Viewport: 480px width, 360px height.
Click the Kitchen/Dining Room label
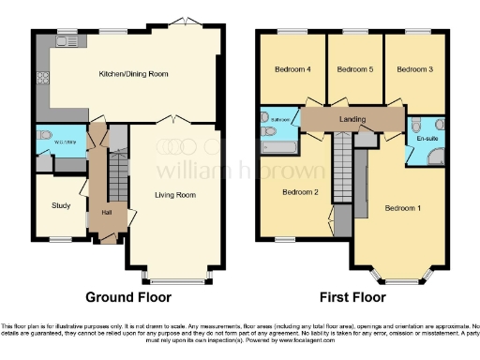pyautogui.click(x=134, y=73)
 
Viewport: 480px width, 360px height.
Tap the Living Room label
pyautogui.click(x=175, y=194)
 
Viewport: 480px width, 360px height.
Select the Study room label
pyautogui.click(x=62, y=205)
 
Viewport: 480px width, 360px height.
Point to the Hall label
pyautogui.click(x=107, y=211)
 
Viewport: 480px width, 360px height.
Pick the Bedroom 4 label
pyautogui.click(x=292, y=69)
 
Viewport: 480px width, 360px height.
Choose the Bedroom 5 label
pyautogui.click(x=353, y=69)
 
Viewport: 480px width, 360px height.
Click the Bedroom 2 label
pyautogui.click(x=302, y=192)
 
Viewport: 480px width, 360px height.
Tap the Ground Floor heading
pyautogui.click(x=128, y=297)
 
